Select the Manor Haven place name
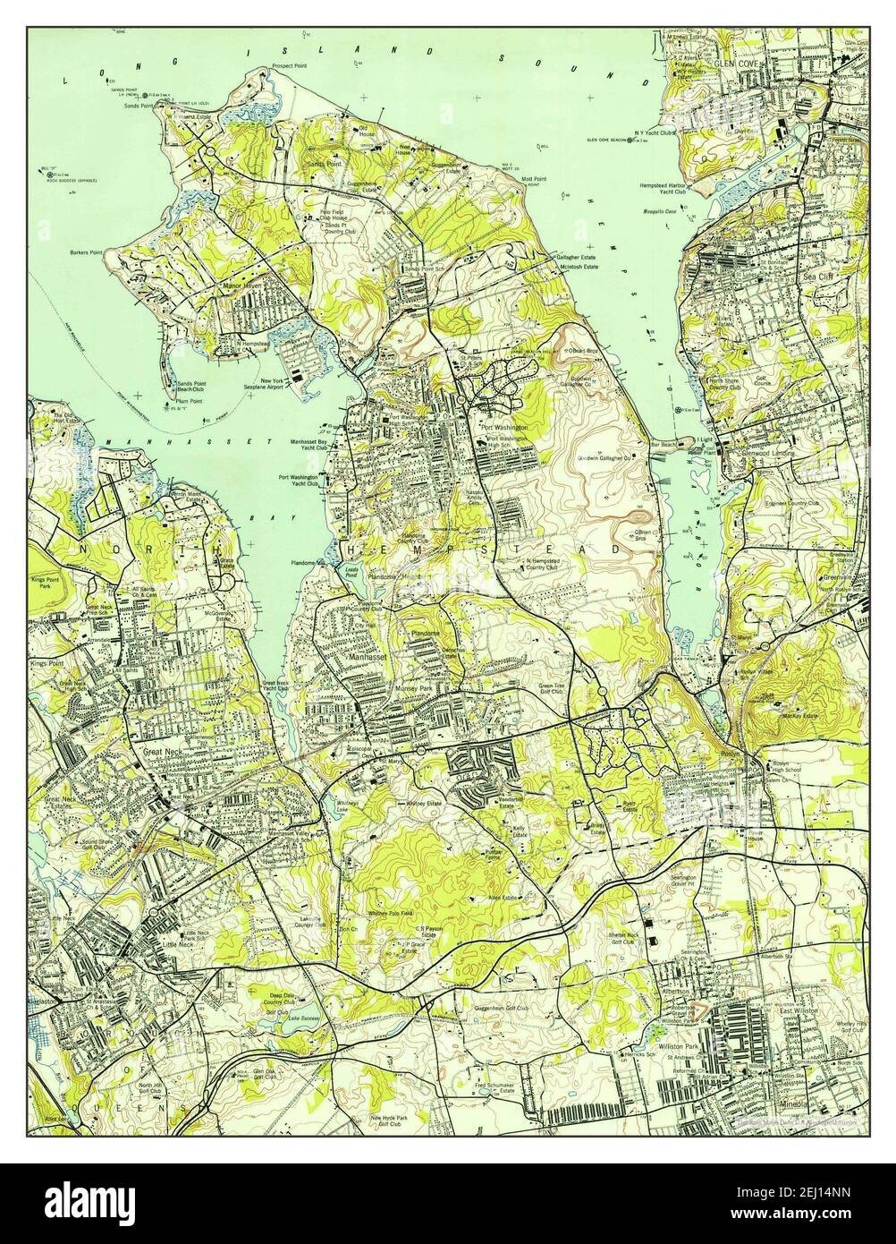[x=240, y=286]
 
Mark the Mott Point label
[x=533, y=179]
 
